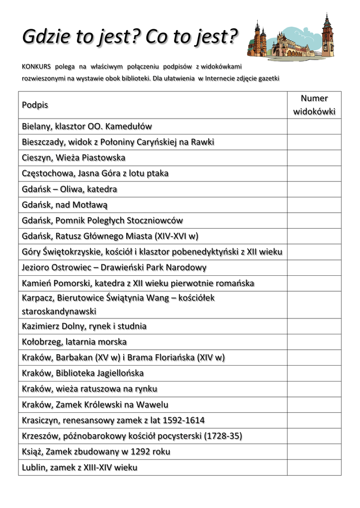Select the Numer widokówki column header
[x=314, y=105]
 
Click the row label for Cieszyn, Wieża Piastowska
[x=73, y=158]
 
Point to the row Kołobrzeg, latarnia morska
[x=74, y=342]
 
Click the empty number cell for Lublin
[x=314, y=467]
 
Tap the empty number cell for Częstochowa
[x=314, y=174]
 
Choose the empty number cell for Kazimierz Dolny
[x=314, y=326]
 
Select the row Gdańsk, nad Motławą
[x=65, y=205]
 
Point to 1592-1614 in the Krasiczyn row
[x=180, y=421]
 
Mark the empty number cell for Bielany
[x=314, y=127]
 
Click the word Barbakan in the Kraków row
[x=75, y=357]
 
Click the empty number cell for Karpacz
[x=314, y=305]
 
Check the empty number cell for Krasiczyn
[x=314, y=420]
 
